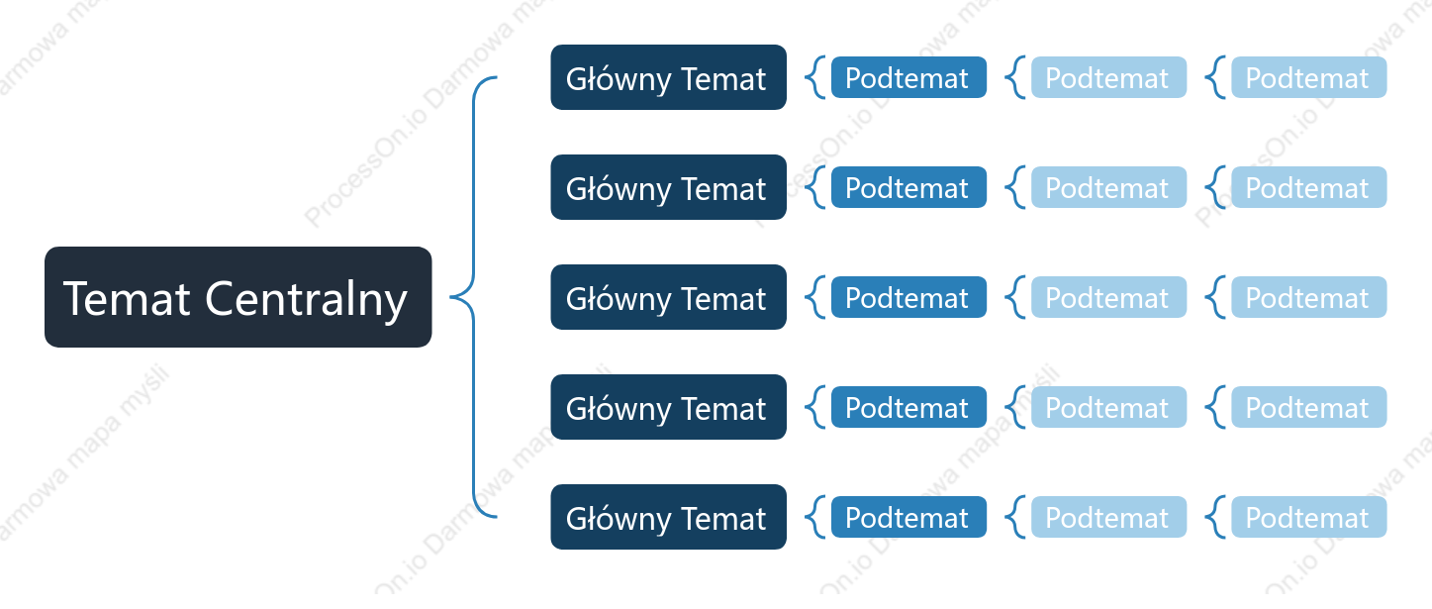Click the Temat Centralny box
click(238, 297)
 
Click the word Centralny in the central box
click(306, 299)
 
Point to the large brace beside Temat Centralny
click(474, 297)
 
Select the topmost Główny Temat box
click(668, 77)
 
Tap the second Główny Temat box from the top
click(668, 187)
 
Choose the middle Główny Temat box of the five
click(668, 297)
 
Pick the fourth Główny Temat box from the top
click(668, 407)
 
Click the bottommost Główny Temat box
click(668, 517)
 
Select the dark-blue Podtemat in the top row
click(908, 77)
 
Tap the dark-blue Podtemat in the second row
click(908, 187)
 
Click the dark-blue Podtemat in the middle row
click(908, 297)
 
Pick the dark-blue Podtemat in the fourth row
click(908, 407)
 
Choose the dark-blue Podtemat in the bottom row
click(908, 517)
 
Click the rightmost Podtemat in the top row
click(1308, 77)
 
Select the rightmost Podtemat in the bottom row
click(1308, 517)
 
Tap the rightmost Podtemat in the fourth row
click(1308, 407)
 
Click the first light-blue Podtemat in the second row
click(1108, 187)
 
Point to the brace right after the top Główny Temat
click(811, 77)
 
